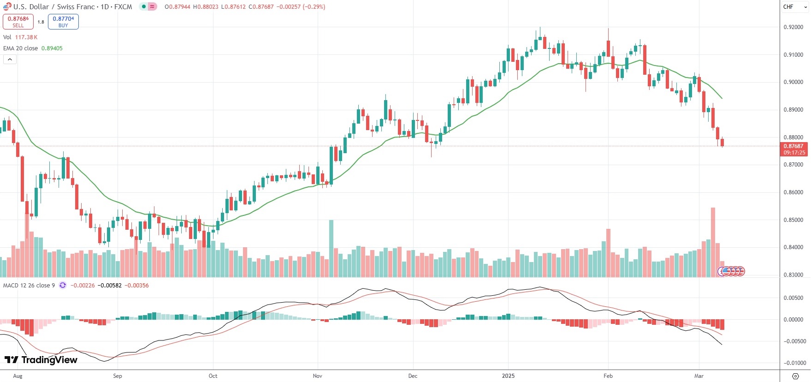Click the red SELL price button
point(18,22)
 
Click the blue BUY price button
point(63,22)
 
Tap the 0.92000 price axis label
point(793,27)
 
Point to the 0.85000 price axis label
point(793,220)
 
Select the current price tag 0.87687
point(793,146)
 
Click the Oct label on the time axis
point(213,376)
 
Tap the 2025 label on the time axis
point(508,376)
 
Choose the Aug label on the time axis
point(18,376)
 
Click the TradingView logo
point(41,360)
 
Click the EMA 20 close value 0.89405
point(52,48)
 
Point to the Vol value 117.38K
point(26,37)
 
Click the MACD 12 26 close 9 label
point(29,286)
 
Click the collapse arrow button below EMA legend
point(10,60)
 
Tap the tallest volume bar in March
point(713,242)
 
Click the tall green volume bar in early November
point(331,248)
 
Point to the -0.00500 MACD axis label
point(795,341)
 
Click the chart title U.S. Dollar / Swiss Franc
point(73,7)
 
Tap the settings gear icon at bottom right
point(795,376)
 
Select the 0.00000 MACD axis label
point(795,320)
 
